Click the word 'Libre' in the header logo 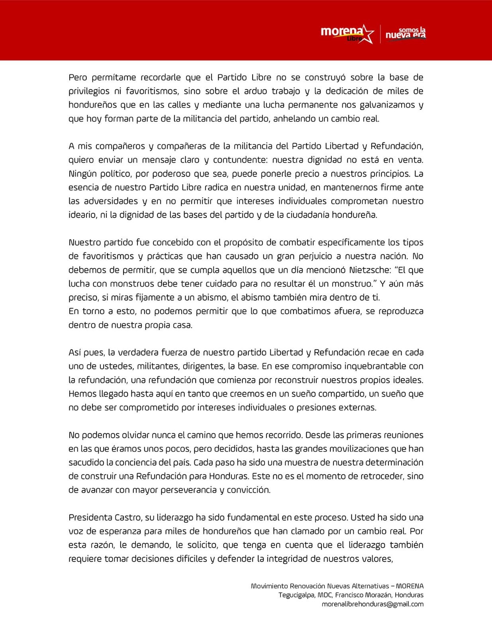point(355,39)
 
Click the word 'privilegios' point(89,91)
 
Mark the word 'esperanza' point(120,531)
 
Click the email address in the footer point(372,604)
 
